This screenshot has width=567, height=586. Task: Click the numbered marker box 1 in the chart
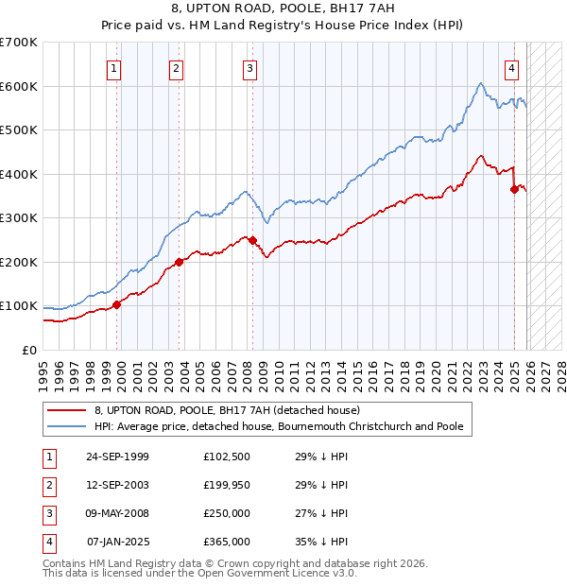113,67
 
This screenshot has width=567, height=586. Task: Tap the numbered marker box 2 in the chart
176,67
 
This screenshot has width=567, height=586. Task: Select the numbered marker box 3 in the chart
249,67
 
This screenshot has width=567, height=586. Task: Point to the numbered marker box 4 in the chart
511,67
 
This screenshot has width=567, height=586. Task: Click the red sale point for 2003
179,262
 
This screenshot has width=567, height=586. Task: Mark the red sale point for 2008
252,240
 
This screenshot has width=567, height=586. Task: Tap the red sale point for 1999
117,304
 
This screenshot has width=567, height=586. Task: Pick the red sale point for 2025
514,189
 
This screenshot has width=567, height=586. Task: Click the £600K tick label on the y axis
19,86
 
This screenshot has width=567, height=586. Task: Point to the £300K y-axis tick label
19,218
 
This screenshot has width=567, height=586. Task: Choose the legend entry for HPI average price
279,426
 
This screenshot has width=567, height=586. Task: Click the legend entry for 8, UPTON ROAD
227,411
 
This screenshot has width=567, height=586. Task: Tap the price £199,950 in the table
227,485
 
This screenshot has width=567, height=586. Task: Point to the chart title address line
283,9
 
